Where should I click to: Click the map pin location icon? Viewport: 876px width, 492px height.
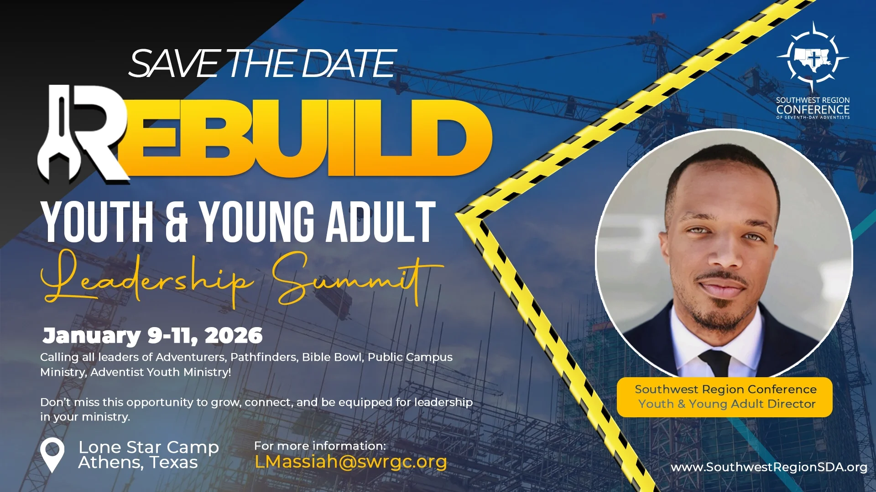click(52, 455)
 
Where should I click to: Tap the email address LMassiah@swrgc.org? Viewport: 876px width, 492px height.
click(350, 462)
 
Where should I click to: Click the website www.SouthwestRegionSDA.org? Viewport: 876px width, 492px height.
click(769, 467)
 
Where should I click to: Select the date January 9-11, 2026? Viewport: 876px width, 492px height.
click(152, 336)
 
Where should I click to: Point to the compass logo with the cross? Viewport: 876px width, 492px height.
click(813, 57)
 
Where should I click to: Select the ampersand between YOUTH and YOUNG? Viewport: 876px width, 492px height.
click(176, 222)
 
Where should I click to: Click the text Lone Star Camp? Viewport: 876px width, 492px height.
click(149, 447)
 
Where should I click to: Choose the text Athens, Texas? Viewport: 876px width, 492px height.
click(138, 463)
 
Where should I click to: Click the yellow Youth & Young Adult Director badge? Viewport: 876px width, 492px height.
click(725, 397)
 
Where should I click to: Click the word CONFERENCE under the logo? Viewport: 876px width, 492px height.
click(813, 110)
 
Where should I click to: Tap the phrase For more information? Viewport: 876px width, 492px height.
click(320, 446)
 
